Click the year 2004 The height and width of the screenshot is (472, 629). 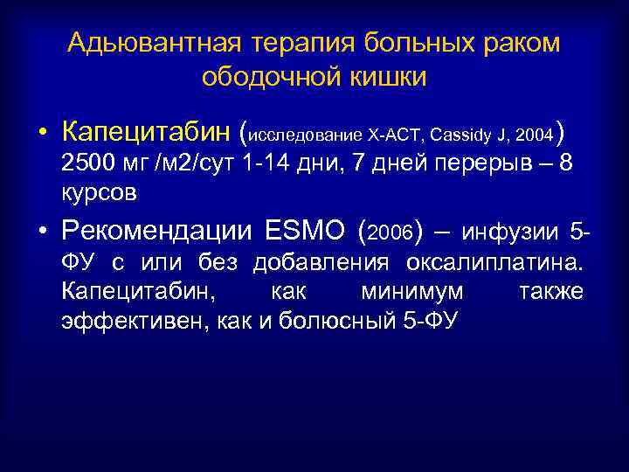[535, 135]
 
